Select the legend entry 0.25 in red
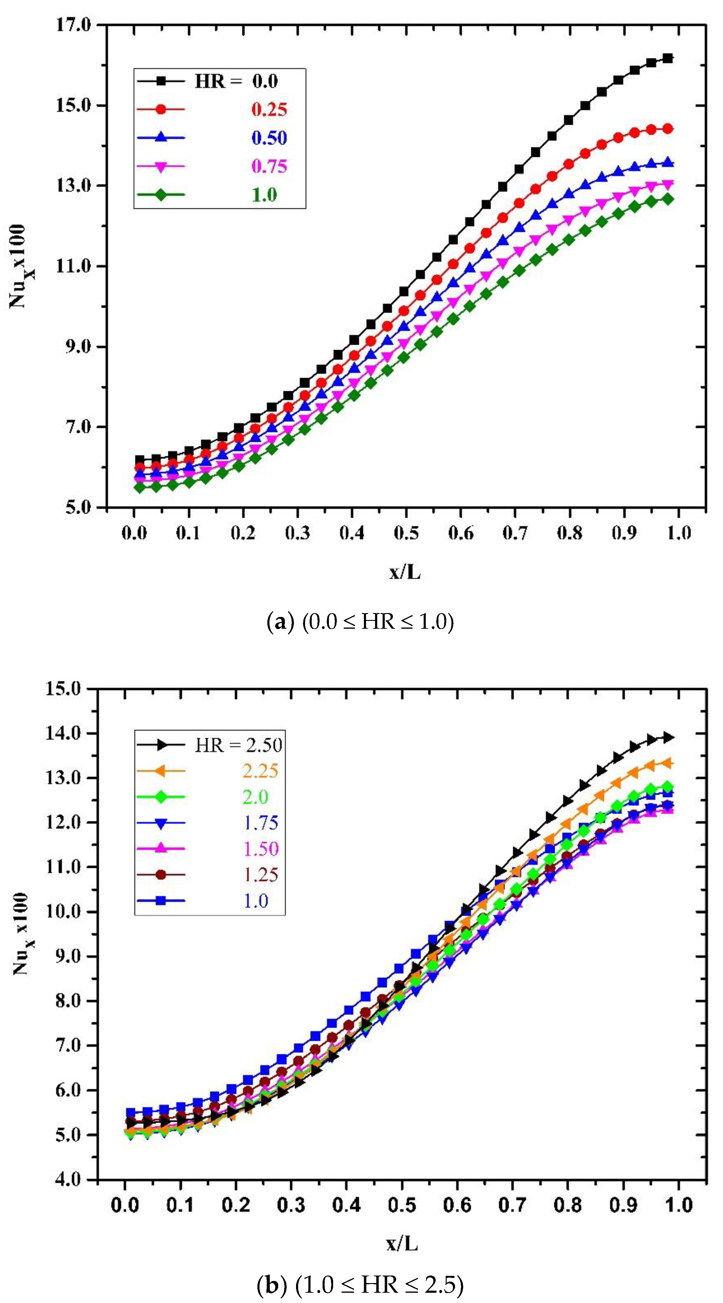(269, 109)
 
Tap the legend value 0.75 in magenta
(269, 167)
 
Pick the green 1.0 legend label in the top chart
(265, 195)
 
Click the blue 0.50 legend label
(269, 138)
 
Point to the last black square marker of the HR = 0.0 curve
(667, 58)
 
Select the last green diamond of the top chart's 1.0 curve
(667, 199)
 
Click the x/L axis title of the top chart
(405, 572)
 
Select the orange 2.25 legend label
(260, 771)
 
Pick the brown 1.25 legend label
(260, 875)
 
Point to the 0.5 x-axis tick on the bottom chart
(402, 1205)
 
